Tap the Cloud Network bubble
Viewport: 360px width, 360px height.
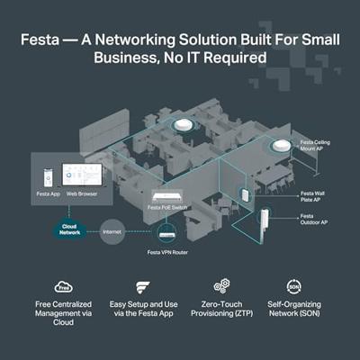(70, 229)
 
